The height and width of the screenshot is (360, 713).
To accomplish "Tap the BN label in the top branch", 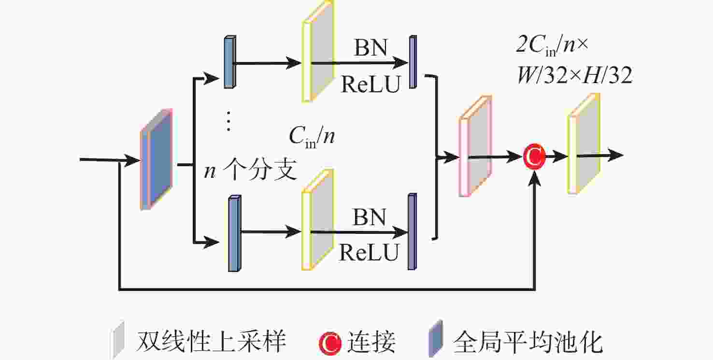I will pyautogui.click(x=370, y=48).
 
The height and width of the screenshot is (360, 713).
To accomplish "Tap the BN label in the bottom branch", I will pyautogui.click(x=370, y=217).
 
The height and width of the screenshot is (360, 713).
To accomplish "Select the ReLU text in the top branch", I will pyautogui.click(x=371, y=85).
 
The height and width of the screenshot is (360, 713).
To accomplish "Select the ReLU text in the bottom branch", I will pyautogui.click(x=370, y=252).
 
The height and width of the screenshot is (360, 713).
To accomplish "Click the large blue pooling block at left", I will pyautogui.click(x=156, y=159).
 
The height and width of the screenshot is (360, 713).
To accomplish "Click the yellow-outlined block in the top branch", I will pyautogui.click(x=318, y=52).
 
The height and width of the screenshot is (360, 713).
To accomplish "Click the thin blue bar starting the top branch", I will pyautogui.click(x=230, y=62).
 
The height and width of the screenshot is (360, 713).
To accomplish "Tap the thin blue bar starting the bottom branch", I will pyautogui.click(x=234, y=233).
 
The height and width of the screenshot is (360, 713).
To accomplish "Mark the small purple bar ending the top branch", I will pyautogui.click(x=413, y=62).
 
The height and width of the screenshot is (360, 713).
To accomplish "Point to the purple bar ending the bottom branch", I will pyautogui.click(x=412, y=231).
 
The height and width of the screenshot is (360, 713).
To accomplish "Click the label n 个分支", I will pyautogui.click(x=250, y=171).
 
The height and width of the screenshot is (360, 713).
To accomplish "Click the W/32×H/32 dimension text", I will pyautogui.click(x=575, y=76).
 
